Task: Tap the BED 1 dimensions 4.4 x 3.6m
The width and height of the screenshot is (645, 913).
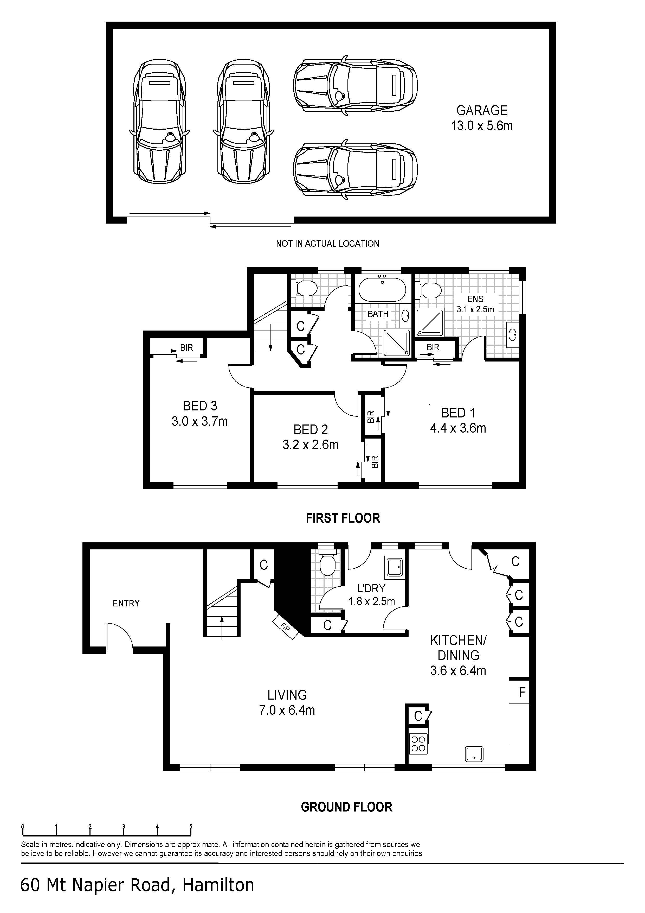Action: point(458,428)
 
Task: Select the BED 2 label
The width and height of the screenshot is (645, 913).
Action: point(311,429)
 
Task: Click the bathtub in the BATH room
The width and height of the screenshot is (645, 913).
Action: point(382,289)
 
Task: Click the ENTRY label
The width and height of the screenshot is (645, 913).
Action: point(126,603)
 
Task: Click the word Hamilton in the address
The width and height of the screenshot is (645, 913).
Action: point(218,885)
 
